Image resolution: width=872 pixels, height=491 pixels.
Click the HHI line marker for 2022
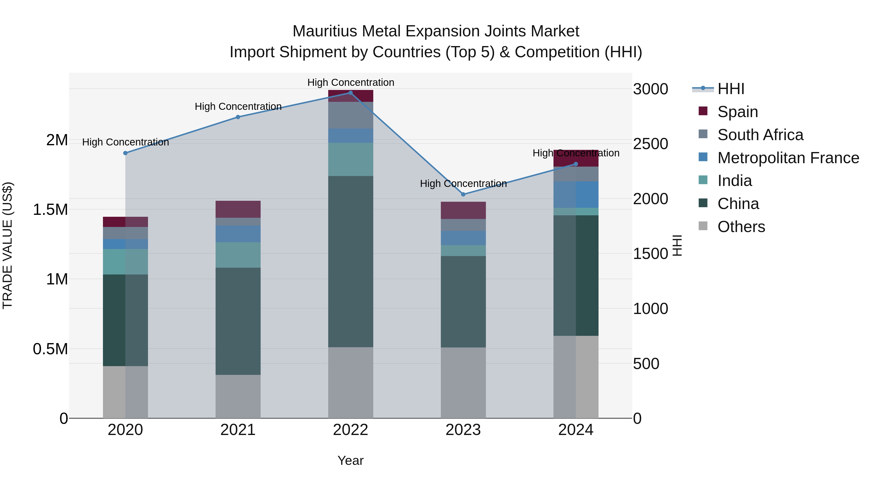350,93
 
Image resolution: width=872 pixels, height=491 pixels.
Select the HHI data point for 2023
463,194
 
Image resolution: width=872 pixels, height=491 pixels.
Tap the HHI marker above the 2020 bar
125,153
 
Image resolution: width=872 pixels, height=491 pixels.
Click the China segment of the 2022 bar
350,261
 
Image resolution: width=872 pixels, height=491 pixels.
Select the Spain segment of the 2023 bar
463,210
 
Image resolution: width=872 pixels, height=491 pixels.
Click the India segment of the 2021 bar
238,255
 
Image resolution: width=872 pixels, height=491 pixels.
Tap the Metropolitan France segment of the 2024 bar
576,194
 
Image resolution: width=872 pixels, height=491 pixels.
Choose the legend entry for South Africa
760,135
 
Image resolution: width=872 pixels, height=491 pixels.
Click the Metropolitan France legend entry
788,158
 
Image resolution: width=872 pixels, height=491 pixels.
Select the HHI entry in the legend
731,89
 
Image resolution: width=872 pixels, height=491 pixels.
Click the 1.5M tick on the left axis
50,209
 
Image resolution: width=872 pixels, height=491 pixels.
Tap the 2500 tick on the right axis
650,144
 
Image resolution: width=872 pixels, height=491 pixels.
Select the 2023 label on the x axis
463,430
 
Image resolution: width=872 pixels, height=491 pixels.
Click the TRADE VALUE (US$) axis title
8,245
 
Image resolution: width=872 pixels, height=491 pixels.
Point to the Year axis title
350,460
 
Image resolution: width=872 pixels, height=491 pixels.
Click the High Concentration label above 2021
238,106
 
